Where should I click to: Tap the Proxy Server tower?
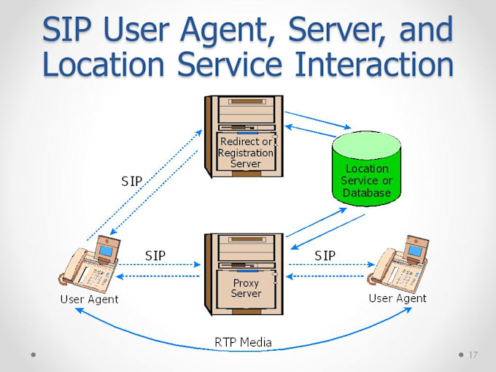pos(244,273)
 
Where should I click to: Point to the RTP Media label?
pos(243,341)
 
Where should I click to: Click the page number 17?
pos(473,355)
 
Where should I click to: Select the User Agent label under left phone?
pos(89,299)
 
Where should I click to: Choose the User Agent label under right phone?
pos(398,298)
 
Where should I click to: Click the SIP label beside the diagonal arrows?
pos(132,181)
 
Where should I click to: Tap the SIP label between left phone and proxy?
pos(155,255)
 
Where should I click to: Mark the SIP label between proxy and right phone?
pos(325,255)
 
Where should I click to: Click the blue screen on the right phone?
pos(415,251)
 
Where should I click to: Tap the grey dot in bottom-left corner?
pos(34,355)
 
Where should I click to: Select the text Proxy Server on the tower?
pos(246,288)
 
